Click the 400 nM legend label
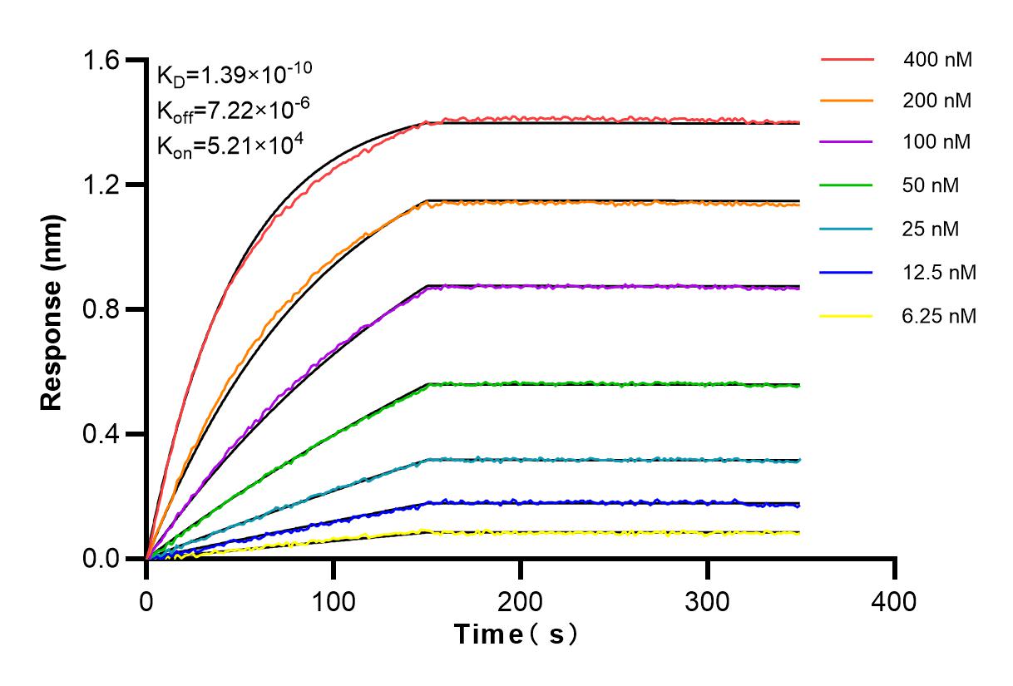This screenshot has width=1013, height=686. [938, 60]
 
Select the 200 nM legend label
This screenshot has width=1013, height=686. [938, 101]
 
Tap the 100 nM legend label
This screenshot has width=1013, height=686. [938, 143]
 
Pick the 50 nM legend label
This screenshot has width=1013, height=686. [931, 185]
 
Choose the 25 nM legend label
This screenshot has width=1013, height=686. [931, 229]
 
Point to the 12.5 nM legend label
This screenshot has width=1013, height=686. [938, 272]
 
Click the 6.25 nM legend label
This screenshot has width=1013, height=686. [938, 316]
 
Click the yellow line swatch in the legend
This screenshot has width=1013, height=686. [847, 316]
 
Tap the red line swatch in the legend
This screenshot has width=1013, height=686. [847, 60]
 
